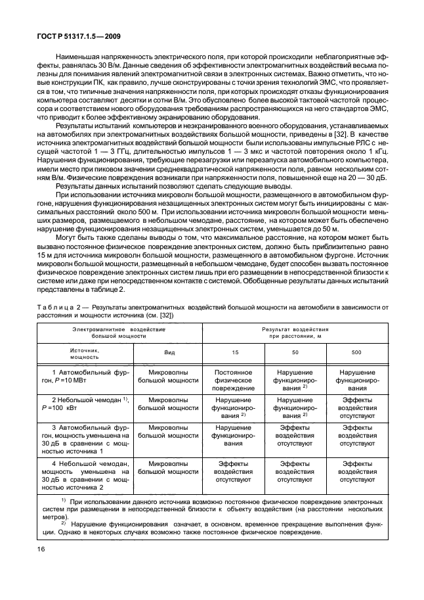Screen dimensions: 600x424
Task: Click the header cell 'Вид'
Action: pyautogui.click(x=169, y=352)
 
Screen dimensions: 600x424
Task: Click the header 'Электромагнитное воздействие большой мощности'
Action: pyautogui.click(x=119, y=331)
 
